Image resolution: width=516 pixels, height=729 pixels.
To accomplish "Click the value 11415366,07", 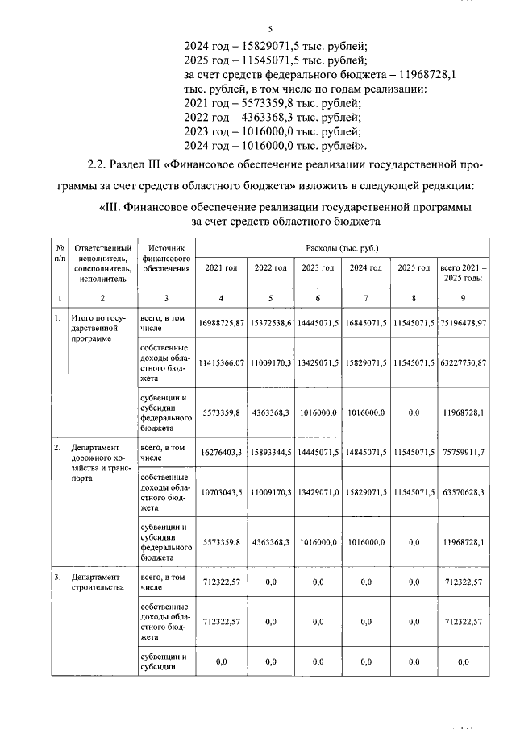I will [222, 363].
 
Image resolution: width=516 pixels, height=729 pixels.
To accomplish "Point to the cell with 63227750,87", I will [463, 363].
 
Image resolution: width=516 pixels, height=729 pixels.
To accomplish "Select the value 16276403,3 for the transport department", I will [222, 453].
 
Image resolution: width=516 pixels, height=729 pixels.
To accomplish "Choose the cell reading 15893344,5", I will [270, 453].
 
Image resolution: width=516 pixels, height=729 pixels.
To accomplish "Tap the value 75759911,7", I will [463, 453].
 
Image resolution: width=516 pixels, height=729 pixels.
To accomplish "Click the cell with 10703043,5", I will [222, 491].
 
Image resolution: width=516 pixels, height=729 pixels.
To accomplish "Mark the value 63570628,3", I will [463, 491].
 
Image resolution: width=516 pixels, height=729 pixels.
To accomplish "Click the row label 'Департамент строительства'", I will [99, 582].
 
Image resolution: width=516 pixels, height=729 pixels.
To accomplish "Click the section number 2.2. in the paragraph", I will [99, 165].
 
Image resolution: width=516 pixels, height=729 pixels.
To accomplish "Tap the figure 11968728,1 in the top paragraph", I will [418, 74].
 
